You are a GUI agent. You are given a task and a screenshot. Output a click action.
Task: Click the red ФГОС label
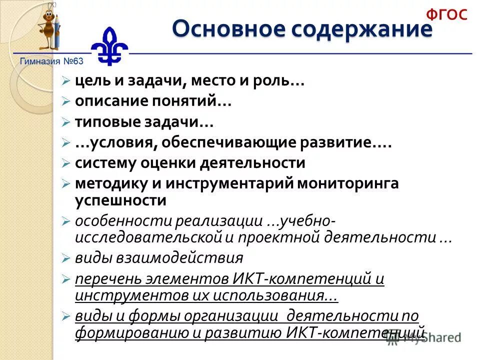[446, 14]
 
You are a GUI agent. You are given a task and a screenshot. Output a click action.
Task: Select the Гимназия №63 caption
[51, 61]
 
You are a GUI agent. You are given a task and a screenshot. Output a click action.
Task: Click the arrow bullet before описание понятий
[65, 102]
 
